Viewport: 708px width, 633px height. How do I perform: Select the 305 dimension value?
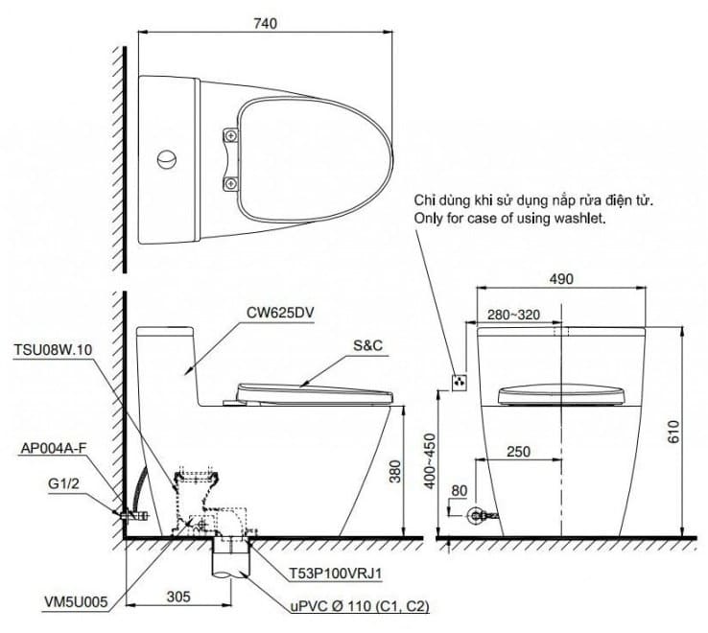point(178,597)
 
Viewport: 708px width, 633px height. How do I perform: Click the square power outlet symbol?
point(459,381)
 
